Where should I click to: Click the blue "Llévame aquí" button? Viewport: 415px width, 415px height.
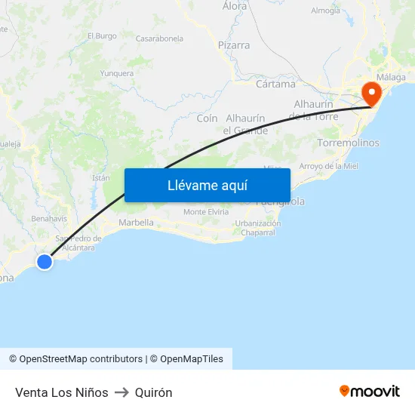[x=207, y=185]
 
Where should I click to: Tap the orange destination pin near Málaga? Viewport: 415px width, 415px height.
[x=372, y=94]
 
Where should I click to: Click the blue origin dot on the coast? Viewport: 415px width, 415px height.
[x=45, y=262]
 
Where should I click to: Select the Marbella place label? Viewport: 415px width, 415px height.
[x=137, y=223]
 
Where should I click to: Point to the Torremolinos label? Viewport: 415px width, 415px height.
[x=349, y=143]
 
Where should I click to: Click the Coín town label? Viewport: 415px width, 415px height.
[x=207, y=118]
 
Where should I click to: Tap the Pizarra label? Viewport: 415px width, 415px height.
[x=234, y=45]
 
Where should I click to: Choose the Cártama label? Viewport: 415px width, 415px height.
[x=275, y=84]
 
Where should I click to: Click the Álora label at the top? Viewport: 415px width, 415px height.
[x=235, y=6]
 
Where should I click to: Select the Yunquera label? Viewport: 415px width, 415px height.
[x=117, y=74]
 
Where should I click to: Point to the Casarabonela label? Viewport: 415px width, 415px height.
[x=159, y=38]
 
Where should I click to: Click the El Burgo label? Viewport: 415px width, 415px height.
[x=102, y=35]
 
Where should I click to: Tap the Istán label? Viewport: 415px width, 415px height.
[x=101, y=178]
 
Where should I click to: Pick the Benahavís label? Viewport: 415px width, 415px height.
[x=49, y=218]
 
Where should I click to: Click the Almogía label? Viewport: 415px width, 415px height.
[x=325, y=11]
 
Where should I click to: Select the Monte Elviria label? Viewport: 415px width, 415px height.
[x=206, y=212]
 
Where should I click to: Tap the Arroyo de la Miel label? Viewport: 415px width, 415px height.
[x=328, y=166]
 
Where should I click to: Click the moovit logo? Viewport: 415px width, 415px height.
[x=370, y=391]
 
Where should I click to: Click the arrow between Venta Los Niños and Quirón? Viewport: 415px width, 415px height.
[x=121, y=392]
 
